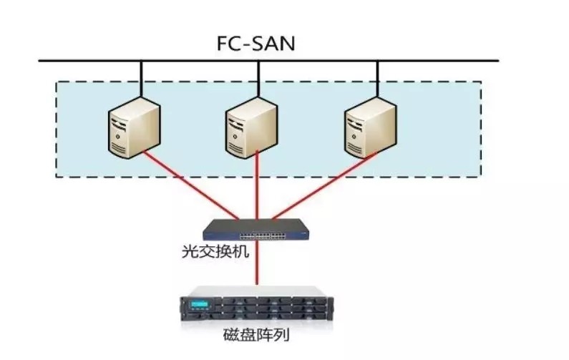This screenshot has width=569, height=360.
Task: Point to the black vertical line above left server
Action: tap(141, 79)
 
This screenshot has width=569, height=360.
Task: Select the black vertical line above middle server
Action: tap(259, 79)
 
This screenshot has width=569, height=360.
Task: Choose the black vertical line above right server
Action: tap(377, 79)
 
